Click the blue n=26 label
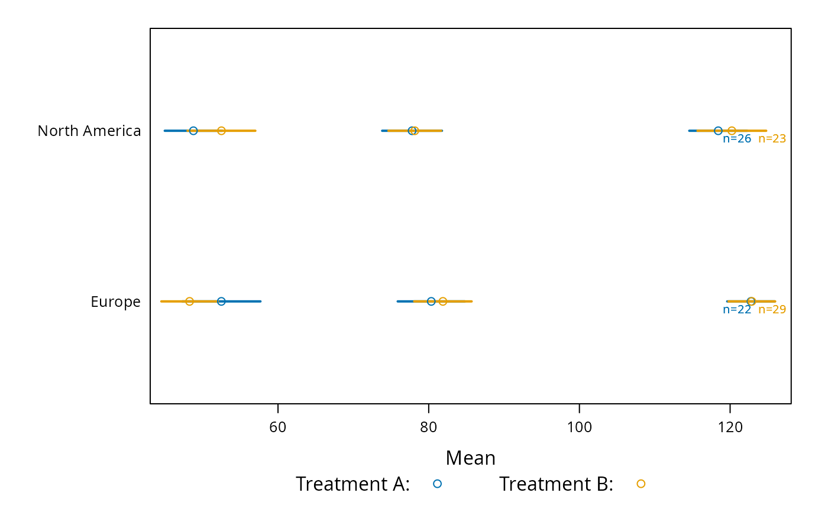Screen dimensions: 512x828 [737, 139]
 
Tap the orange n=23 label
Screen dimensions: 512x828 [772, 139]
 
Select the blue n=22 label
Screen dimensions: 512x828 [737, 309]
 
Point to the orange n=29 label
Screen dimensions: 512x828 [772, 309]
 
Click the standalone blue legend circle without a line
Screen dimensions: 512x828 [437, 484]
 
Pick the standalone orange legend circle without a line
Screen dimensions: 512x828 [641, 484]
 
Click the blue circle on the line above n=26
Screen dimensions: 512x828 [718, 131]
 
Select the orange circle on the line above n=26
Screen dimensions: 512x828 [732, 131]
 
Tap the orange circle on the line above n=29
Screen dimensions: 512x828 [752, 301]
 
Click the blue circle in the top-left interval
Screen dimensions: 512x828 [193, 131]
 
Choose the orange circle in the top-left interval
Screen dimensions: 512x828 [221, 131]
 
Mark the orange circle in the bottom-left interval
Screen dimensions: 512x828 [189, 301]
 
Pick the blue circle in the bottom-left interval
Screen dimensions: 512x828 [221, 301]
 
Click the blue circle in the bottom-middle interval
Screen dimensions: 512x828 [431, 301]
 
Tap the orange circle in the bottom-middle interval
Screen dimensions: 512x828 [443, 301]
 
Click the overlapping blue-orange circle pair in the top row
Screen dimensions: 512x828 [413, 131]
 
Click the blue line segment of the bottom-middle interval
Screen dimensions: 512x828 [405, 301]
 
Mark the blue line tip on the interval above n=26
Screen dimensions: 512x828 [691, 131]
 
